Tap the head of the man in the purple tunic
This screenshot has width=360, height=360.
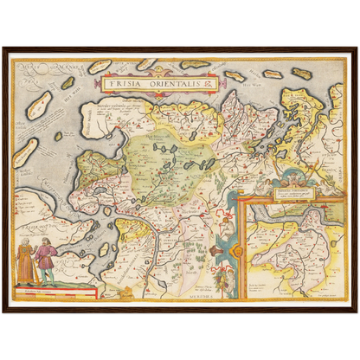coord(46,245)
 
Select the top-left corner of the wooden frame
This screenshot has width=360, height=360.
coord(3,48)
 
